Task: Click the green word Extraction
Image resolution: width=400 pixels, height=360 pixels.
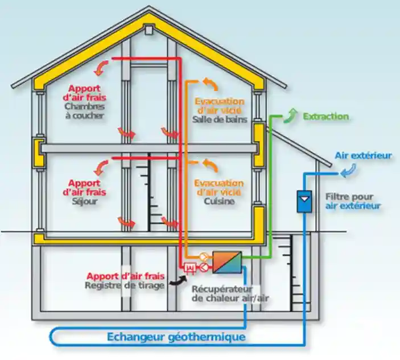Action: pyautogui.click(x=325, y=117)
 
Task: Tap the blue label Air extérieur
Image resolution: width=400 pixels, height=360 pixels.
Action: pyautogui.click(x=363, y=155)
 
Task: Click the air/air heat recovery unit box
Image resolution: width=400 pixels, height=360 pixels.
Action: pyautogui.click(x=226, y=262)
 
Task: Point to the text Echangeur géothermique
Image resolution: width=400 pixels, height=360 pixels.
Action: pyautogui.click(x=176, y=337)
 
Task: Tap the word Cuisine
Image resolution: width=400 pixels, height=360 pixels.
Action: pyautogui.click(x=219, y=201)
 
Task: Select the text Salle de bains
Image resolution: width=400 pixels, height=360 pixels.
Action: pyautogui.click(x=219, y=119)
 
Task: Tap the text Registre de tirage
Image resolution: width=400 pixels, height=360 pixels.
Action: pyautogui.click(x=124, y=285)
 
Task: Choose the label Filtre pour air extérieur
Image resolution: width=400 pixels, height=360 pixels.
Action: pyautogui.click(x=353, y=201)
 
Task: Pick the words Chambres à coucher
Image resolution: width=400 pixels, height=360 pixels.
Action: pyautogui.click(x=85, y=111)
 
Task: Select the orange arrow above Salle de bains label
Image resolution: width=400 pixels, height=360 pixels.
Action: pyautogui.click(x=210, y=84)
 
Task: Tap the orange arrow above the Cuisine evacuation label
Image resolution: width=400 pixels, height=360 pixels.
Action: pyautogui.click(x=210, y=166)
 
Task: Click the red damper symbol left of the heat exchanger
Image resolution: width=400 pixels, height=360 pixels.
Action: pyautogui.click(x=190, y=267)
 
